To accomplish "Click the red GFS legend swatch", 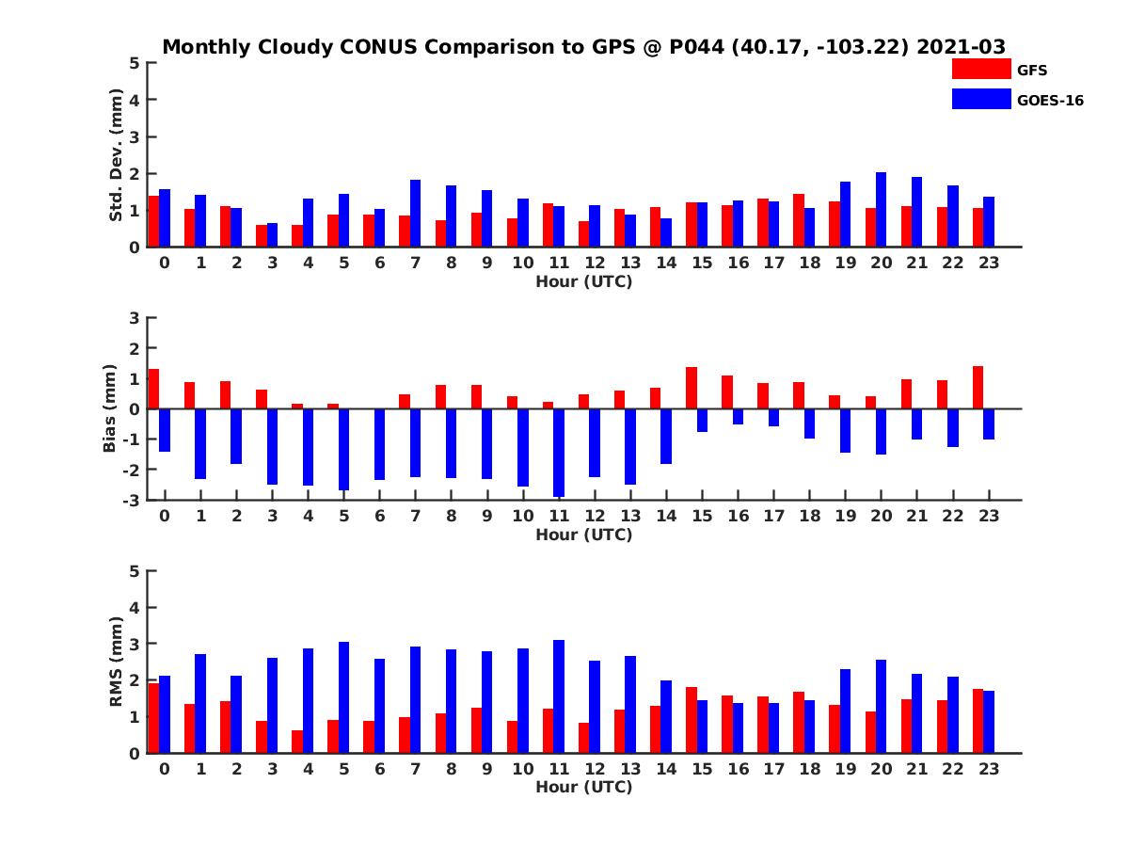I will click(x=981, y=69).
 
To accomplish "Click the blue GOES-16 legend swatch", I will click(x=981, y=99).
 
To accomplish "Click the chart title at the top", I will click(x=583, y=47).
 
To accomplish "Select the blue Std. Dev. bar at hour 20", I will click(x=881, y=210).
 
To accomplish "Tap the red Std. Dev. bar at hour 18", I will click(x=798, y=220).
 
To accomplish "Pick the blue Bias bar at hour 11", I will click(x=559, y=453).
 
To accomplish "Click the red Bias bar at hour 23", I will click(x=978, y=388).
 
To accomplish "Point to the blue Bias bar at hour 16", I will click(x=738, y=417).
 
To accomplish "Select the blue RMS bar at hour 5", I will click(x=344, y=697).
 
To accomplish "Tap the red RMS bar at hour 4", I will click(x=297, y=742).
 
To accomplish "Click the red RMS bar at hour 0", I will click(x=153, y=718).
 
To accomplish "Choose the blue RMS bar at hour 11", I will click(x=559, y=696).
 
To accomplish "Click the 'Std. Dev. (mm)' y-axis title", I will click(x=117, y=155).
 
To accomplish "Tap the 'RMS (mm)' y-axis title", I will click(x=117, y=662).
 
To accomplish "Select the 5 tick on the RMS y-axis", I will click(x=134, y=571).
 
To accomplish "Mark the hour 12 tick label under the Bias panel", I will click(x=595, y=516).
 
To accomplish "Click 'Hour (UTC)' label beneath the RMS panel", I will click(x=583, y=787).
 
